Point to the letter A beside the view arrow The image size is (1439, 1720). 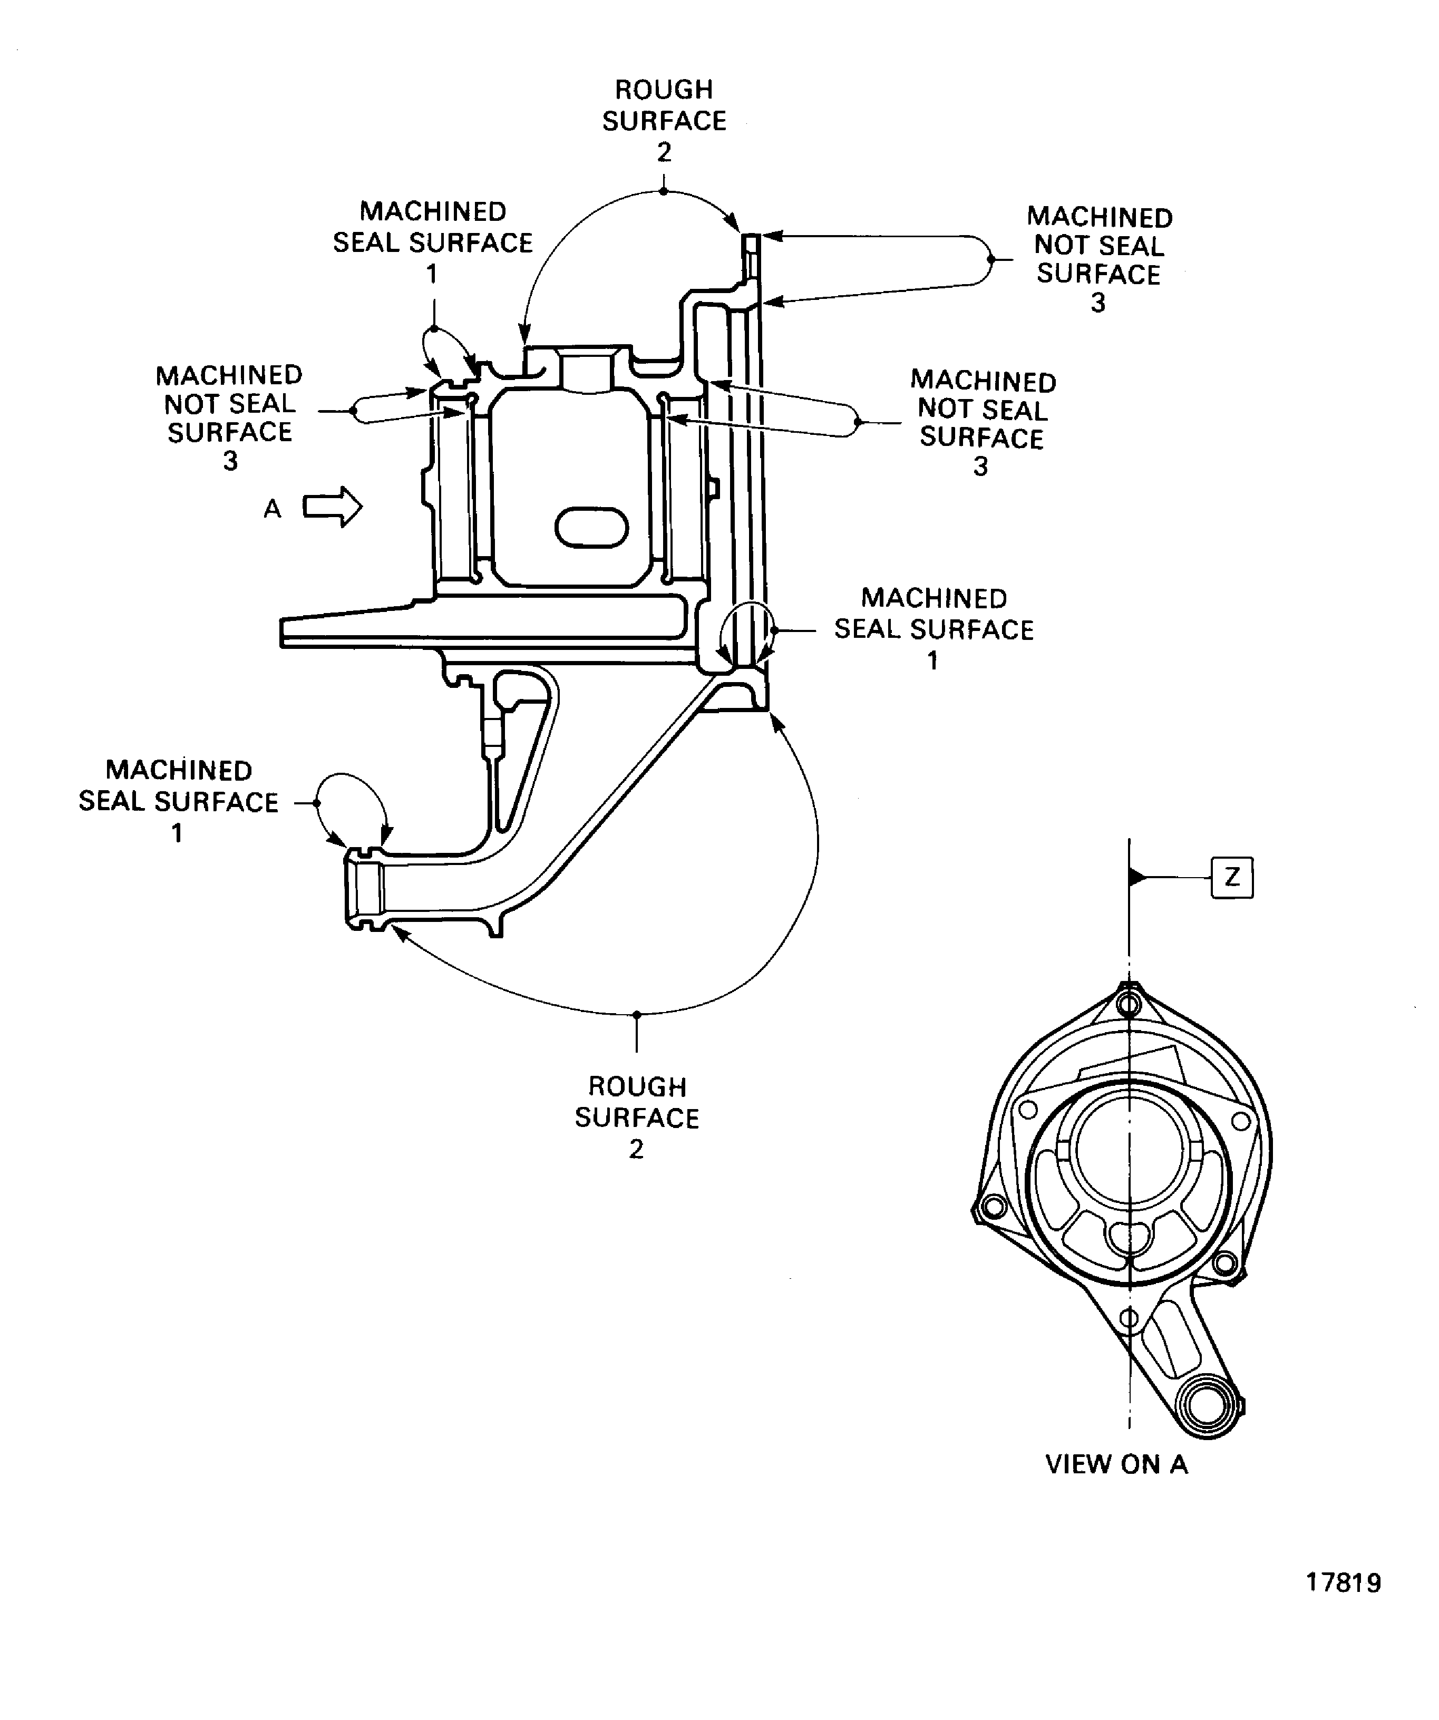coord(272,509)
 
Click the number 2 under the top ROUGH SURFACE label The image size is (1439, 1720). coord(664,152)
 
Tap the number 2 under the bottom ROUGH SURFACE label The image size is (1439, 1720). coord(636,1149)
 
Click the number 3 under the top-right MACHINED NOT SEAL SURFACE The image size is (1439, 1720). coord(1098,303)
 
